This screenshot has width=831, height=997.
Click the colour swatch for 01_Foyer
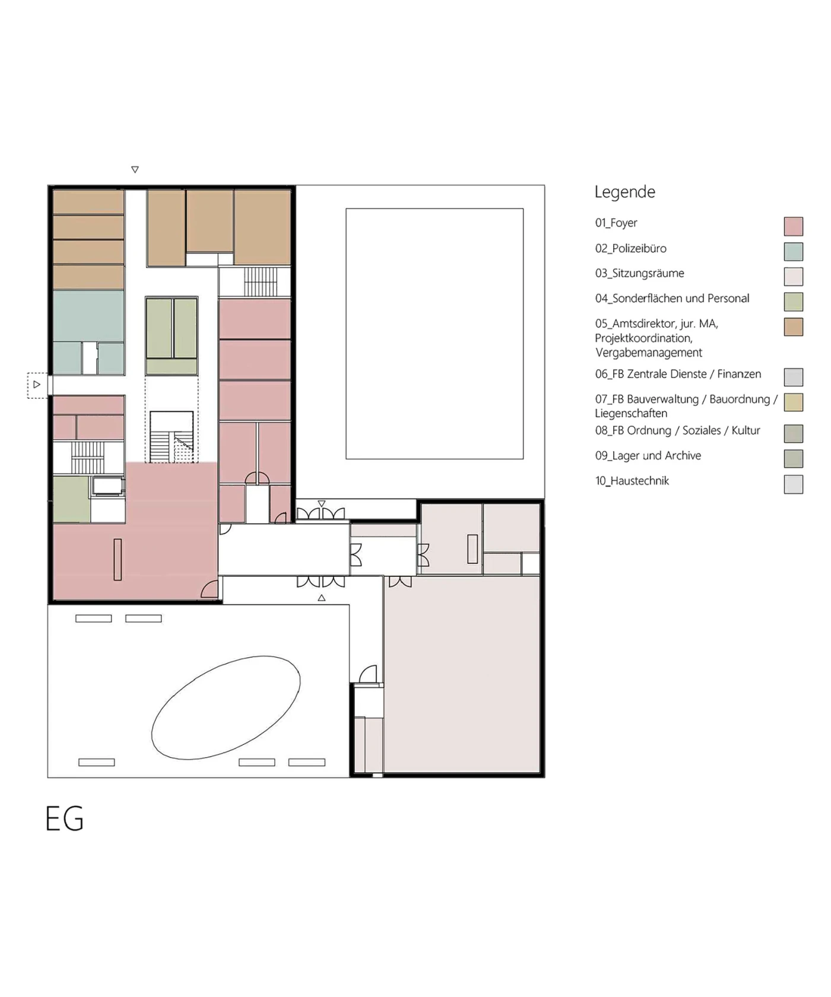794,226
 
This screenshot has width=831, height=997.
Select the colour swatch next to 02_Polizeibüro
794,252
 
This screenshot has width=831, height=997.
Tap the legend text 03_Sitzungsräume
640,274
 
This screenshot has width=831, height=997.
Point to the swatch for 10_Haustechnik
794,484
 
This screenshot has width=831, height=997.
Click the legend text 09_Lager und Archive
648,456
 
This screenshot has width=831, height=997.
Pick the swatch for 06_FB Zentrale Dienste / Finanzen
794,377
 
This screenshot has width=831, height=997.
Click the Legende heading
625,192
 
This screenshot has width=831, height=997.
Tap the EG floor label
65,818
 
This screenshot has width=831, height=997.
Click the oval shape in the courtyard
226,708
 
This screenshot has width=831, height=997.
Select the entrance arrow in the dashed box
37,385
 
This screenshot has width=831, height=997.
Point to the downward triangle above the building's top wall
135,170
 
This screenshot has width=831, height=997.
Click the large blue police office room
88,316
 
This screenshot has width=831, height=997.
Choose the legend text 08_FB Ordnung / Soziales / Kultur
678,431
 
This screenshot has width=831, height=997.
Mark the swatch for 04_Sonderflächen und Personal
794,301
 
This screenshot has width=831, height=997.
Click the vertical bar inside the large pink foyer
118,560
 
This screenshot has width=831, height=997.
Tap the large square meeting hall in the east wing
462,674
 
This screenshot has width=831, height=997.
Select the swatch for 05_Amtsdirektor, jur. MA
794,327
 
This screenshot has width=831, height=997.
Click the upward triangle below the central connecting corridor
322,598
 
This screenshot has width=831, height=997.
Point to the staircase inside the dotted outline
172,437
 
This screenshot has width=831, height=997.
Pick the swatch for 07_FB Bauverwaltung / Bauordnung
794,402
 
